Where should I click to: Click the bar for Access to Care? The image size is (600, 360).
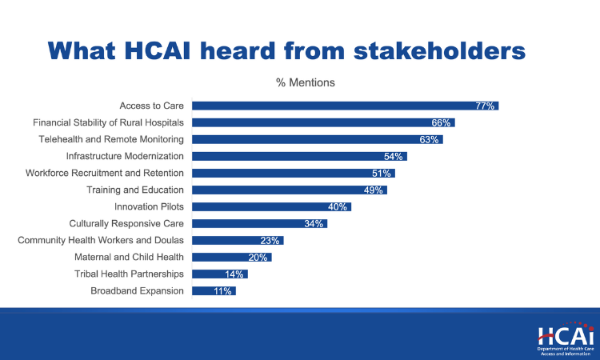point(345,106)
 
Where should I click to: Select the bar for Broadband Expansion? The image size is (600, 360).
point(214,291)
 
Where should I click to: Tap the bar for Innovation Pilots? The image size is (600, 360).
point(271,206)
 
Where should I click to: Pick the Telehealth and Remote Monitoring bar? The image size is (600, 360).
point(317,139)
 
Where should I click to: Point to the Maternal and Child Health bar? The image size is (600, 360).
point(232,257)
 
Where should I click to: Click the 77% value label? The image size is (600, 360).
point(486,106)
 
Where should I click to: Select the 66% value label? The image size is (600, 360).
point(442,122)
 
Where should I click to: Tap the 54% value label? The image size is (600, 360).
point(394,156)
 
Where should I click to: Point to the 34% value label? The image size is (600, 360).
point(314,223)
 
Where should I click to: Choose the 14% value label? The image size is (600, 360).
point(235,274)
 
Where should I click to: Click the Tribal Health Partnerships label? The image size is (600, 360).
point(129,274)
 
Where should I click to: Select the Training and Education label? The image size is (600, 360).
point(135,190)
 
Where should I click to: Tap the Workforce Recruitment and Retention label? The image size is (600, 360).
point(105,173)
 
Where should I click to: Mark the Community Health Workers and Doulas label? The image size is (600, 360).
point(101,240)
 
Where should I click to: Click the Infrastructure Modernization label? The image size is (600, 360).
point(125,156)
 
